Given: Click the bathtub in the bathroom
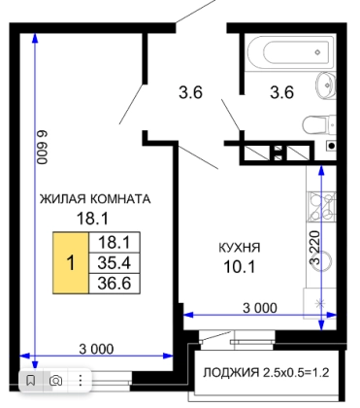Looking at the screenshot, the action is pos(290,52).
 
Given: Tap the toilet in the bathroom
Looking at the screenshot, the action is pos(319,124).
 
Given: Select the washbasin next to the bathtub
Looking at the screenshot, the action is pos(326,85).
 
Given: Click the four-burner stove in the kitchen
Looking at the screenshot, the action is pos(321,207).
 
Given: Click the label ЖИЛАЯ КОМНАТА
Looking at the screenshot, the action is pos(95,199).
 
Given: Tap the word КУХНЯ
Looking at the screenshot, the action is pos(240,248).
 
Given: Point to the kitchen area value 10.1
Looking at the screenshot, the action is pos(240,267).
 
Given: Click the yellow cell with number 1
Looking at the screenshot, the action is pos(71,262).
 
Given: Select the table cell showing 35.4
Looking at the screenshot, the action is pos(115,263).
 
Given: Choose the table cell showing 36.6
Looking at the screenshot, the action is pos(115,284).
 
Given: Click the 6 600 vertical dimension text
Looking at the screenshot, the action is pos(43,147).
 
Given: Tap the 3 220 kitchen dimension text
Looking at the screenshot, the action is pos(315,248).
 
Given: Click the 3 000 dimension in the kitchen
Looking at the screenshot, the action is pos(260,308).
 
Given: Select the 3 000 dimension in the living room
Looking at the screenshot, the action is pos(96,349).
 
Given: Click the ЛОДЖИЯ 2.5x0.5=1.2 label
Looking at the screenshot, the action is pos(266,373).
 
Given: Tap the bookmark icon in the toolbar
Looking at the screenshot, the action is pos(31,380).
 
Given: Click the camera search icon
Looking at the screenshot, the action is pos(55,381).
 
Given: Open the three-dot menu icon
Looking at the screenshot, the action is pos(81,381).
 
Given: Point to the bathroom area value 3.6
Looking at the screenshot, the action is pos(282,92).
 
